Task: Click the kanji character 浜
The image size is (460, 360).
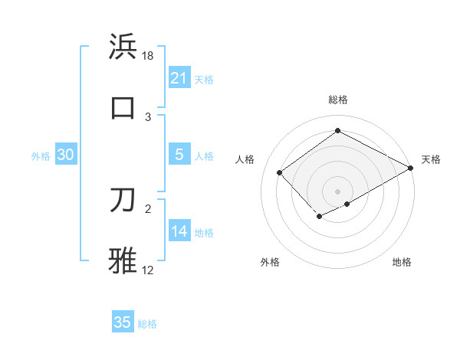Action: [123, 47]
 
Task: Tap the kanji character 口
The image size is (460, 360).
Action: [123, 107]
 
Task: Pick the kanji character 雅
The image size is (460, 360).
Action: [123, 260]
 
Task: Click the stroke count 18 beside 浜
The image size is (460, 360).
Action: [149, 57]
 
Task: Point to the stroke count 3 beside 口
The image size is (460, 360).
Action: [148, 116]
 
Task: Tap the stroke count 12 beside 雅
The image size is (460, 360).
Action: [148, 270]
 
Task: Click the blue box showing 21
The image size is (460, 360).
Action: [179, 77]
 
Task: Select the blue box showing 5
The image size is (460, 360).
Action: [179, 154]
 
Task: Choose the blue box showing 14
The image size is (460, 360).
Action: [179, 231]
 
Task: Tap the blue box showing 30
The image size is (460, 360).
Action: [66, 155]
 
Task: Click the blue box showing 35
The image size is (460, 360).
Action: [123, 322]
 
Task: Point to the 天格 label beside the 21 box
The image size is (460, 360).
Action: [204, 79]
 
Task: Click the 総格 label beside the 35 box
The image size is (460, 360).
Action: [147, 324]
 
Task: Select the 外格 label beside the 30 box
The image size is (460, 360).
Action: [41, 156]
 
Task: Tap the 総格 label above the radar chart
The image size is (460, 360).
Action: [337, 100]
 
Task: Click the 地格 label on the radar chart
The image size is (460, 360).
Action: [402, 263]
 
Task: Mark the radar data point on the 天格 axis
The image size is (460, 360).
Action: [411, 168]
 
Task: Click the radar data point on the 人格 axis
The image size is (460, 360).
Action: [280, 173]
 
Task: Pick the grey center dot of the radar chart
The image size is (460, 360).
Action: [337, 191]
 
